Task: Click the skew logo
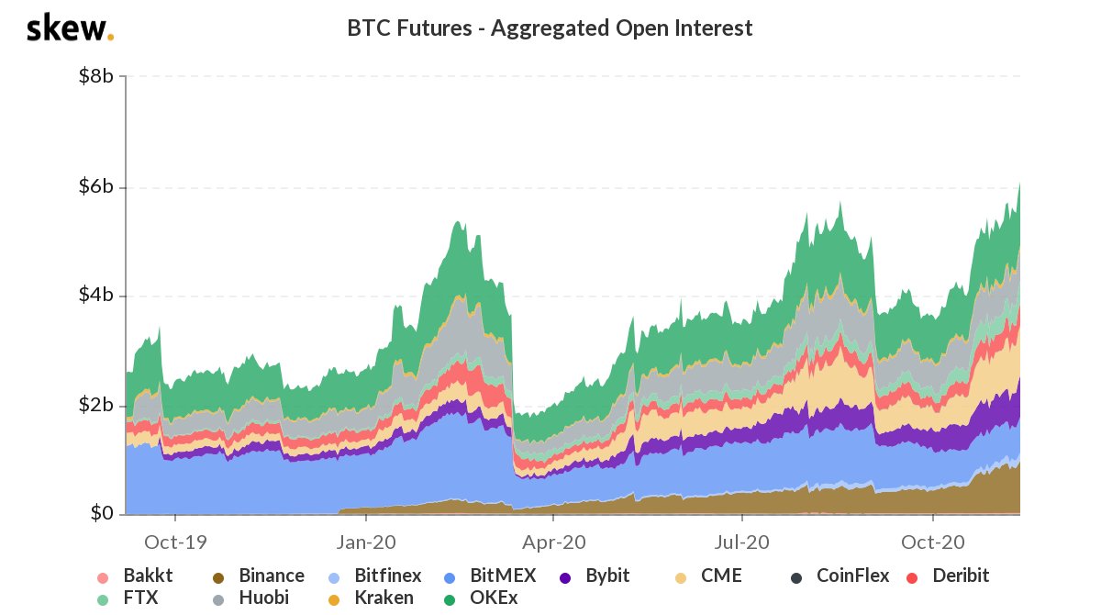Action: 70,28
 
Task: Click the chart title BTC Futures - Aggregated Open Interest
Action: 550,28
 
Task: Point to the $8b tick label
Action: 95,76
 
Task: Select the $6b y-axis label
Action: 95,187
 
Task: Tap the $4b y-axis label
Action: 95,296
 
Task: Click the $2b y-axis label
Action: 95,405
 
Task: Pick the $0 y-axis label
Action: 101,513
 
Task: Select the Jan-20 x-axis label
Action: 365,541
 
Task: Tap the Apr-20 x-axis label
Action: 553,541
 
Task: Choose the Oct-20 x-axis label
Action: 932,541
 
